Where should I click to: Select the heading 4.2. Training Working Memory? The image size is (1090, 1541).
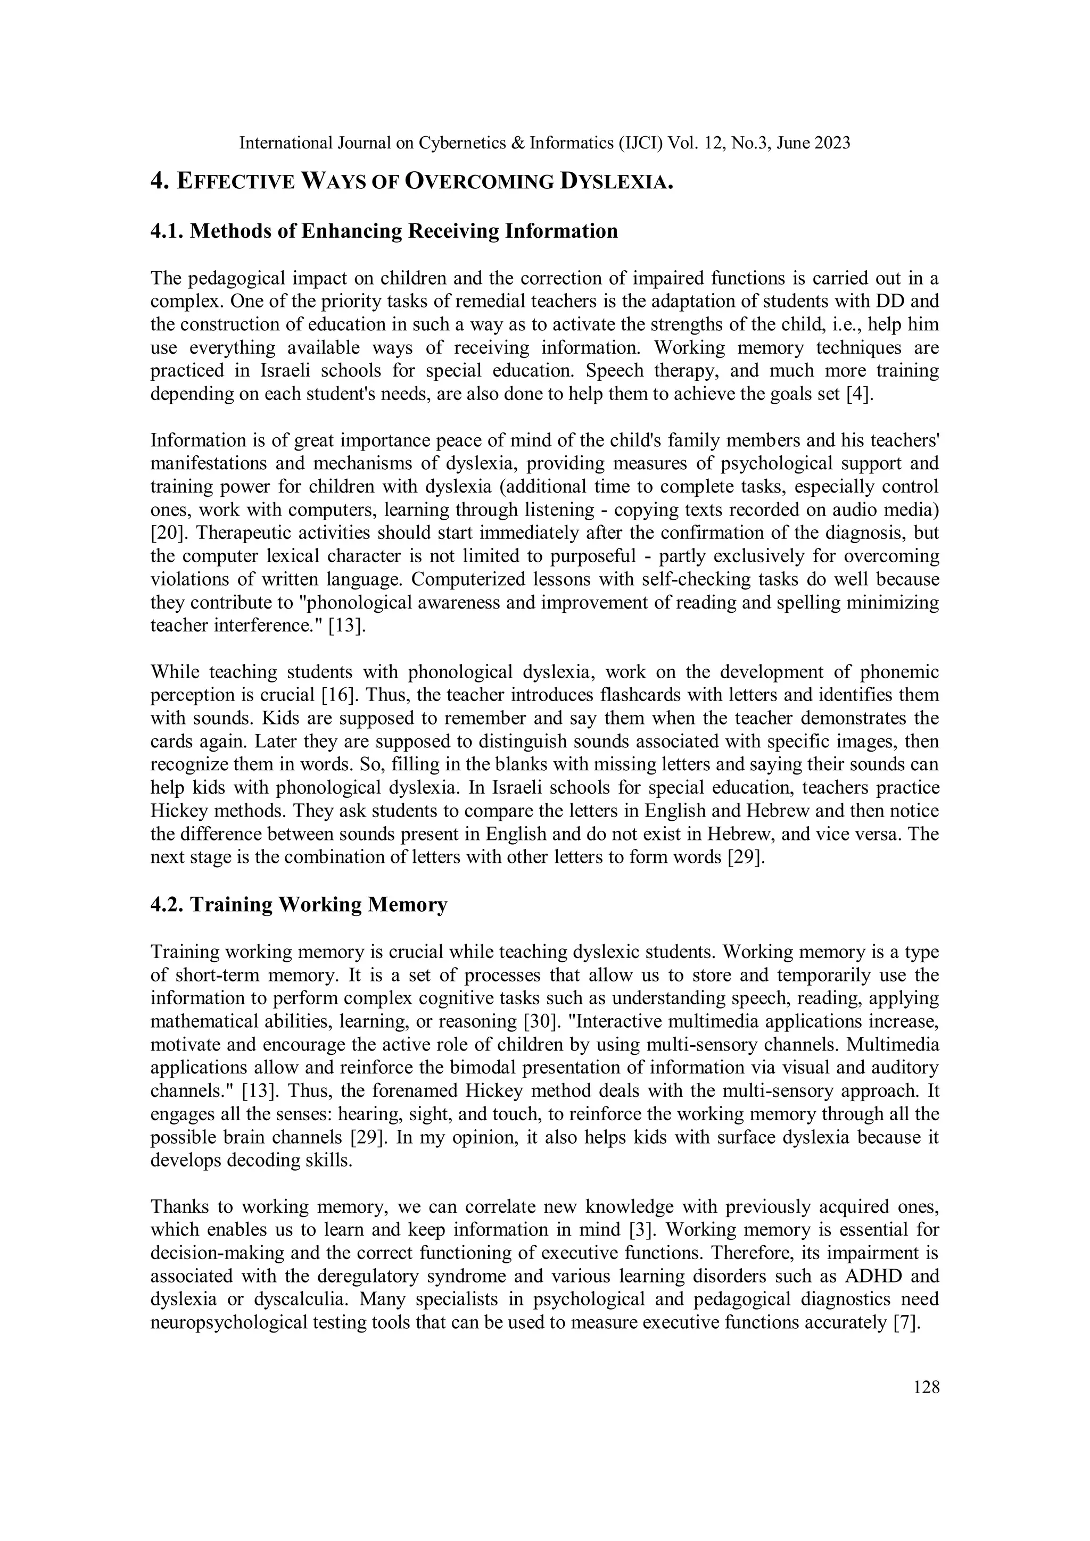pyautogui.click(x=299, y=905)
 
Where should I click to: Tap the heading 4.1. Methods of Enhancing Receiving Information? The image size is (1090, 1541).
pyautogui.click(x=384, y=231)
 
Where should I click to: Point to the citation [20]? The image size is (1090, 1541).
pyautogui.click(x=165, y=534)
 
